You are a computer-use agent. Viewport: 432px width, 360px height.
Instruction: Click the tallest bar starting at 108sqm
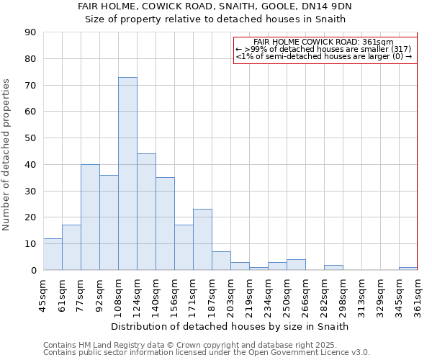click(x=127, y=174)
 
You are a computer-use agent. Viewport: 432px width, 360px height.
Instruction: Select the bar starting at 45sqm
click(x=53, y=254)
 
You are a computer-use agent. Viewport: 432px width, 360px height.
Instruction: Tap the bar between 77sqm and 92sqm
click(x=90, y=217)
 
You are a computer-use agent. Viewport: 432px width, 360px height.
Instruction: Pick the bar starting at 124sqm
click(x=146, y=212)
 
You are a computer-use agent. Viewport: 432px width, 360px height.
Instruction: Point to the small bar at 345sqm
click(x=408, y=269)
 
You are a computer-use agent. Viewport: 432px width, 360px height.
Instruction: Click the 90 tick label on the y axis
click(x=30, y=32)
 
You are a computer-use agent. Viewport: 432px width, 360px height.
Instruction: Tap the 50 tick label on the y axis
click(x=30, y=138)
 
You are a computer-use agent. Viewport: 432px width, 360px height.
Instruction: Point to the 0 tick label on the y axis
click(x=33, y=270)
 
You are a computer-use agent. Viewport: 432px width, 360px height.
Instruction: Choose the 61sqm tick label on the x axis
click(x=62, y=294)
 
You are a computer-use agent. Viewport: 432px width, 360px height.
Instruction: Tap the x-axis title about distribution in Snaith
click(x=230, y=326)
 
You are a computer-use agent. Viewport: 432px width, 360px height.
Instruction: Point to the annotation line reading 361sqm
click(x=325, y=42)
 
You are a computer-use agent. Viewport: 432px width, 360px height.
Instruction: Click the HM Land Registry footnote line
click(x=205, y=345)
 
